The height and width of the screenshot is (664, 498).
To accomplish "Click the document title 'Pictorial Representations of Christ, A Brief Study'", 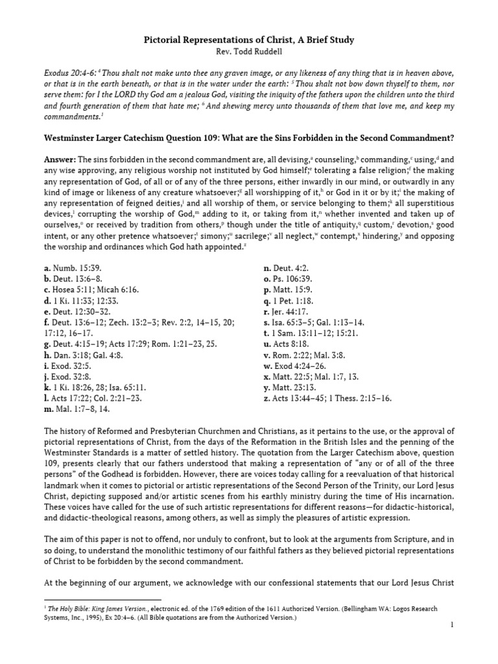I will click(248, 41).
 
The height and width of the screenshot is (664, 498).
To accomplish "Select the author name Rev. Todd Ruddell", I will click(248, 53).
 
